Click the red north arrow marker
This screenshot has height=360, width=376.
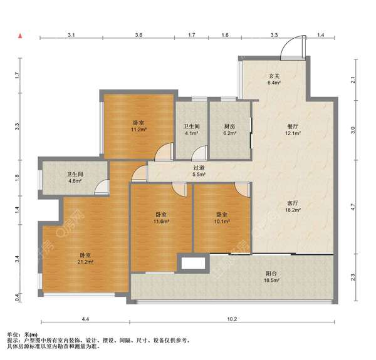21,36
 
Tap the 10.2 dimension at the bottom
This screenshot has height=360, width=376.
232,319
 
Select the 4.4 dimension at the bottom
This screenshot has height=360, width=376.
85,319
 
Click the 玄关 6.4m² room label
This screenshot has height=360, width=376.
274,80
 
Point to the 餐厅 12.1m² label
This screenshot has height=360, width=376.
293,130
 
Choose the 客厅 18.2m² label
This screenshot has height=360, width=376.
293,207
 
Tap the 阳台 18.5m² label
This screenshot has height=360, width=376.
272,277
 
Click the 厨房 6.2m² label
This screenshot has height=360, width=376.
230,130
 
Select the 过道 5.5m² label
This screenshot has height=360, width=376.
199,171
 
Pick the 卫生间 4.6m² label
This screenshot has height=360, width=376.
75,177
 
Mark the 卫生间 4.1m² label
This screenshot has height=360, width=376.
192,130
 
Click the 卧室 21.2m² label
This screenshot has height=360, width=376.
85,258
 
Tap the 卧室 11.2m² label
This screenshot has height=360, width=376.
138,126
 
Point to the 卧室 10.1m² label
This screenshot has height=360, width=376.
222,218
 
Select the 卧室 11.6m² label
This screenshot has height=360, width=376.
161,218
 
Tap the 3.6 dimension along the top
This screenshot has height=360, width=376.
138,35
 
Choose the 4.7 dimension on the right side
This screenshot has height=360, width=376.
353,207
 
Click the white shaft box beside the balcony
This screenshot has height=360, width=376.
193,263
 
